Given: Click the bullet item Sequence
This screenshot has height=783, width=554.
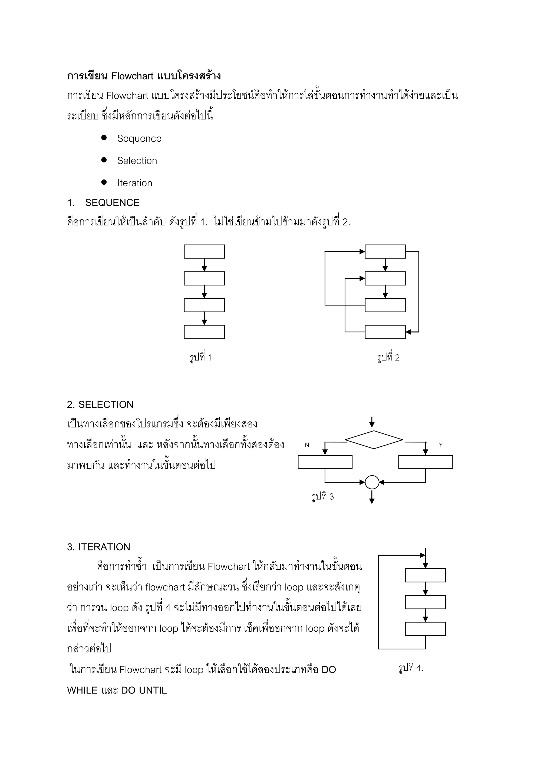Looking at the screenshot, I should [x=139, y=138].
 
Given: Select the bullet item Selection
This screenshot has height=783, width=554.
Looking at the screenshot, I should [x=137, y=161].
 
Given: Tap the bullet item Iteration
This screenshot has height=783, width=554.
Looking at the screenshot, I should [x=135, y=183].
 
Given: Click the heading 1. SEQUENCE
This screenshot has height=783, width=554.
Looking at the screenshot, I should [x=103, y=203].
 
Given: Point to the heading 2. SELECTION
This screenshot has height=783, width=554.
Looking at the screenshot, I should [x=100, y=404].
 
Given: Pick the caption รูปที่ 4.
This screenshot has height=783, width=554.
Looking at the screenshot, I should [x=411, y=668].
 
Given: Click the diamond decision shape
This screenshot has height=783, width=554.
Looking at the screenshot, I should [x=374, y=440].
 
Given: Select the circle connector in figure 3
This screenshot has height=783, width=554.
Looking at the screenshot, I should [x=372, y=482].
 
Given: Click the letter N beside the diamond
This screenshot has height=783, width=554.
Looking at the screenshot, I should [x=307, y=445].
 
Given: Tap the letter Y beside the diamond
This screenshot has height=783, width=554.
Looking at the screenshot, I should [x=441, y=445].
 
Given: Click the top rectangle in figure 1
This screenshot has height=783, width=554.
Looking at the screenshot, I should [x=204, y=252].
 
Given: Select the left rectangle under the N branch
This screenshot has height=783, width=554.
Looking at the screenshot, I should [x=325, y=462].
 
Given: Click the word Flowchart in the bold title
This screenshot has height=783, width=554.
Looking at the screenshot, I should [x=132, y=76].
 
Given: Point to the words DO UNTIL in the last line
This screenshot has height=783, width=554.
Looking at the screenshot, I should [x=144, y=690].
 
